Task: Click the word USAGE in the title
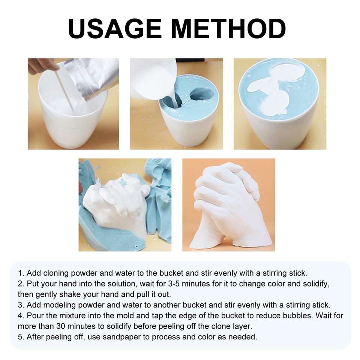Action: [115, 29]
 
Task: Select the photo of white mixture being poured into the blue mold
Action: [176, 104]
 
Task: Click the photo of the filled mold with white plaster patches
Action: [280, 104]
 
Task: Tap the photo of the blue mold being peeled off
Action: [125, 205]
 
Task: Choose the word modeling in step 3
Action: [58, 305]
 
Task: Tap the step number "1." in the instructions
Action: [21, 273]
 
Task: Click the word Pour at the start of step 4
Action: [34, 316]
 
